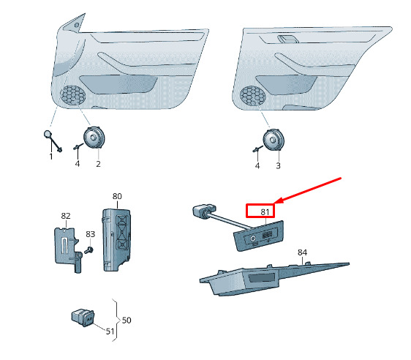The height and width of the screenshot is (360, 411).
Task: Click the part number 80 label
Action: [x=117, y=196]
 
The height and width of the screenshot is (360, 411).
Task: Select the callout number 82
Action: [x=66, y=216]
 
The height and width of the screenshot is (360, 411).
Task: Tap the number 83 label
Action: [x=91, y=234]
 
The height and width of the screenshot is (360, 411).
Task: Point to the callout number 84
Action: [x=302, y=252]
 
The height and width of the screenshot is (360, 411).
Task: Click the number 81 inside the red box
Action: [x=265, y=212]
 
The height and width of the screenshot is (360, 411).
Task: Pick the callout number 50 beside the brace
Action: [x=127, y=320]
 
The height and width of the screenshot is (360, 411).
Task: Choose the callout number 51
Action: [x=110, y=331]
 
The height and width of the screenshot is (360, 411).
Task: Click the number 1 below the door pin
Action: [x=51, y=157]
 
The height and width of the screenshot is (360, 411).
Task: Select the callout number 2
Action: [x=98, y=164]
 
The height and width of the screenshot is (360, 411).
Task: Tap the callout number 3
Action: [x=278, y=165]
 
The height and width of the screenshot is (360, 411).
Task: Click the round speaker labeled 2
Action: [x=94, y=138]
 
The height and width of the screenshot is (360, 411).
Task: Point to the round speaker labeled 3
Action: [x=274, y=140]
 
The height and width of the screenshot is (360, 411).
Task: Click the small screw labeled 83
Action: [x=89, y=250]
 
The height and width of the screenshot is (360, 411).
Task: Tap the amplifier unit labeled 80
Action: [x=116, y=240]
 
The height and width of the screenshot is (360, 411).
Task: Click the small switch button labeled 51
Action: [x=83, y=318]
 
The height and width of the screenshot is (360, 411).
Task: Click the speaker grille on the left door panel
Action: [x=73, y=95]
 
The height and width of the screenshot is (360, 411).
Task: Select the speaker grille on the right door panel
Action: [x=253, y=96]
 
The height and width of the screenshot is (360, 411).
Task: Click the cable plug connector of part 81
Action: [x=204, y=210]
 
